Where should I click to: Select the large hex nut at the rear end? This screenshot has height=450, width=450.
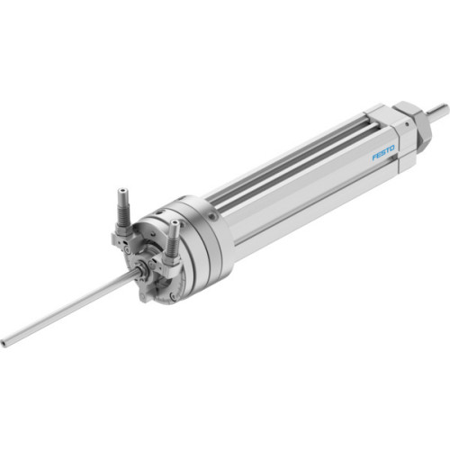419,122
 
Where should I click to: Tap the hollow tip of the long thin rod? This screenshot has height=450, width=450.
4,342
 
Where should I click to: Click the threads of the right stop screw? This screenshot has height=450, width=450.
172,243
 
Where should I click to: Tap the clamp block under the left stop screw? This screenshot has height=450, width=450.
123,238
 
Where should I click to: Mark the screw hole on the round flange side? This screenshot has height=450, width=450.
211,217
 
